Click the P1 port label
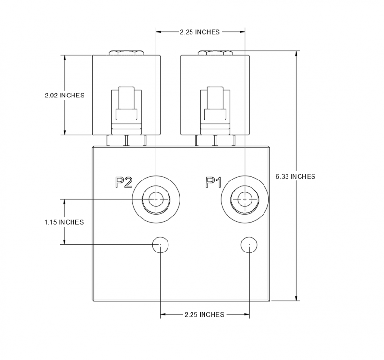213,182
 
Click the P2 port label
123,182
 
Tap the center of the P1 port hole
245,198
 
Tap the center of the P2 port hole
156,198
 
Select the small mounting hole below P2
160,245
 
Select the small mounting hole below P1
249,245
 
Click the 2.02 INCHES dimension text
64,95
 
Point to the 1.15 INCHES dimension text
64,222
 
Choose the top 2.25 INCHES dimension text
200,32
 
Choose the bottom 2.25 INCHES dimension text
204,315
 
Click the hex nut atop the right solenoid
214,52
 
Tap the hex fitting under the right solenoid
216,141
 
